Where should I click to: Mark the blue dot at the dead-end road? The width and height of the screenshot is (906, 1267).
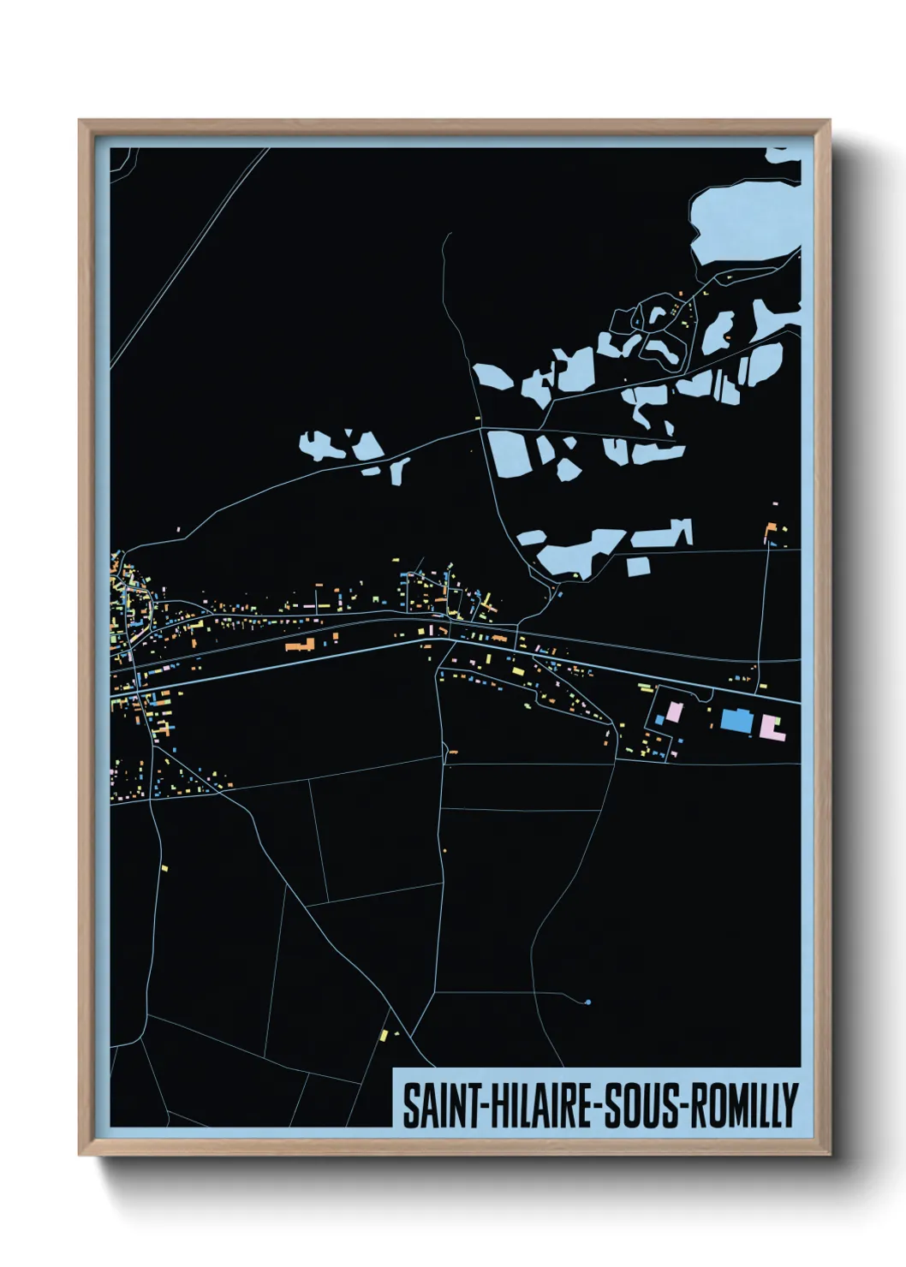pos(587,1002)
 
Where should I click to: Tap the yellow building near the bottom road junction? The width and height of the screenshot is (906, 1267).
pos(385,1036)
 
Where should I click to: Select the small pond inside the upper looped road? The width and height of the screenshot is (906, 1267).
pos(658,315)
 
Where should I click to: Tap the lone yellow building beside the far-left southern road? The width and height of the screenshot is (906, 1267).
pos(163,868)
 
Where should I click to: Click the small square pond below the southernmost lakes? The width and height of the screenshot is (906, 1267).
pos(637,566)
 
